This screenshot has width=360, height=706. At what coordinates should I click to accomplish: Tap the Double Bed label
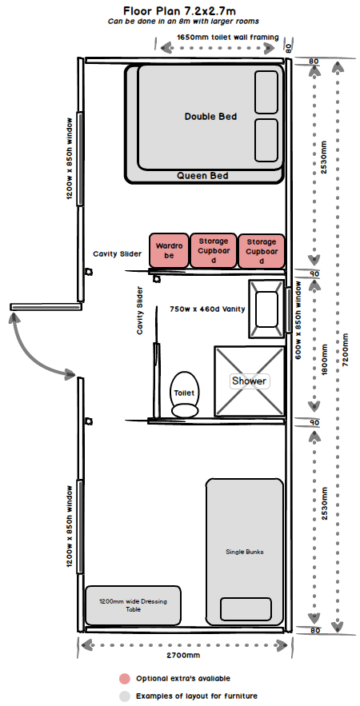(210, 117)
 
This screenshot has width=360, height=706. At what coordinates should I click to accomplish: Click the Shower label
(249, 381)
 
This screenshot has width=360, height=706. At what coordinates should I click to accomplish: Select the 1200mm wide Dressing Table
(133, 604)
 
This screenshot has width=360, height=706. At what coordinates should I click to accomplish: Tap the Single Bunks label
(244, 552)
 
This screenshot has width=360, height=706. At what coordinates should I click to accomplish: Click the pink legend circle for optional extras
(124, 678)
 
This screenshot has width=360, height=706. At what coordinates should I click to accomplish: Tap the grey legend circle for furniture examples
(124, 696)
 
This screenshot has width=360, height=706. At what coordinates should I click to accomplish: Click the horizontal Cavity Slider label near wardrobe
(118, 254)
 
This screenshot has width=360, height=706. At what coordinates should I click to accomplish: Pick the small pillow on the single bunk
(246, 609)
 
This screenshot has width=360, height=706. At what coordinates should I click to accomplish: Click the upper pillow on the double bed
(266, 92)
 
